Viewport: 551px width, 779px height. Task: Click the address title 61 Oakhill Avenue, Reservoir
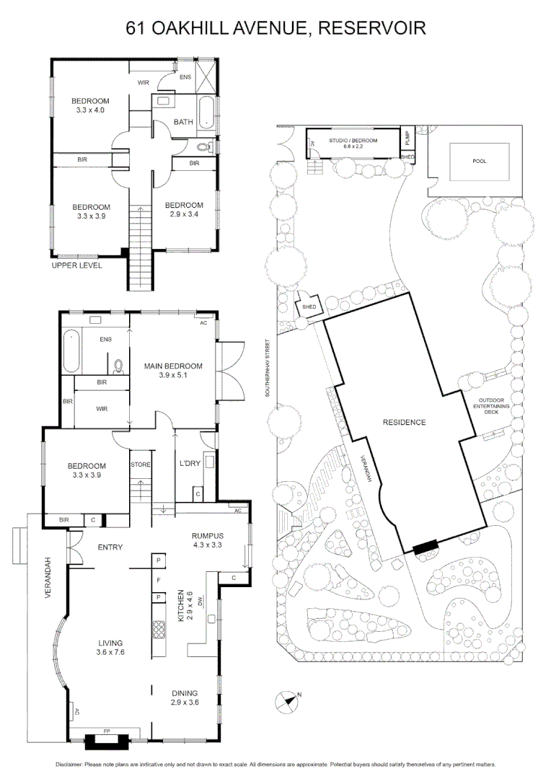tap(275, 27)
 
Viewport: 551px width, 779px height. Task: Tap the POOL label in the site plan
tap(479, 161)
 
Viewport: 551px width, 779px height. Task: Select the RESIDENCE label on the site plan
tap(404, 422)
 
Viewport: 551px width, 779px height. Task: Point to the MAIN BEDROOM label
tap(173, 370)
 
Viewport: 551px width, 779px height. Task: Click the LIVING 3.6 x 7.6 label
tap(110, 648)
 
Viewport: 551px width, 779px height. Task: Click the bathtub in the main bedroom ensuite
tap(71, 349)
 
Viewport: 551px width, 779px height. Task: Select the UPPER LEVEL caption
tap(77, 265)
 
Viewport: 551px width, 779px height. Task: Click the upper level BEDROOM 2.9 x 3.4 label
tap(184, 210)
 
